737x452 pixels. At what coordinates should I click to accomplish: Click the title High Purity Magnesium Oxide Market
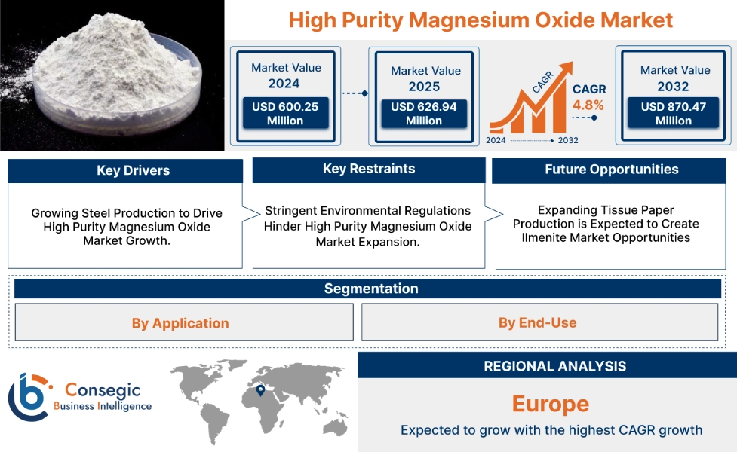[x=481, y=20]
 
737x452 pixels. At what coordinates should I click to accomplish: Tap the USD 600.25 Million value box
[x=284, y=114]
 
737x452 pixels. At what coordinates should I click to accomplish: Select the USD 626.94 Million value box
[x=423, y=114]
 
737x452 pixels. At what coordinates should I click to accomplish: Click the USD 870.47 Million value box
[x=674, y=114]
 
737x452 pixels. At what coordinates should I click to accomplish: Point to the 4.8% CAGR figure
[x=588, y=105]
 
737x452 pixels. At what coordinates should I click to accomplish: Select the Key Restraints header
[x=368, y=169]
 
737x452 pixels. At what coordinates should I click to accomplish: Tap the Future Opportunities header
[x=611, y=169]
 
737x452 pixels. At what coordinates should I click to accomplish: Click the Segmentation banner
[x=370, y=289]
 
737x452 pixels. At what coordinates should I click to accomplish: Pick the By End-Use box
[x=537, y=322]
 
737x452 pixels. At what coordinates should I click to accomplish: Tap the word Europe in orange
[x=551, y=404]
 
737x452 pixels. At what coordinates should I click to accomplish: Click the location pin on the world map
[x=260, y=390]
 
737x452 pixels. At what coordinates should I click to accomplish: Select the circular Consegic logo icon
[x=28, y=396]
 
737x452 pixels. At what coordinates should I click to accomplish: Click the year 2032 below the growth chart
[x=568, y=140]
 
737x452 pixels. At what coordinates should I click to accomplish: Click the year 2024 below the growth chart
[x=496, y=140]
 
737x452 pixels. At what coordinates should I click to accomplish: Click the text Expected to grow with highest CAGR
[x=551, y=430]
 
